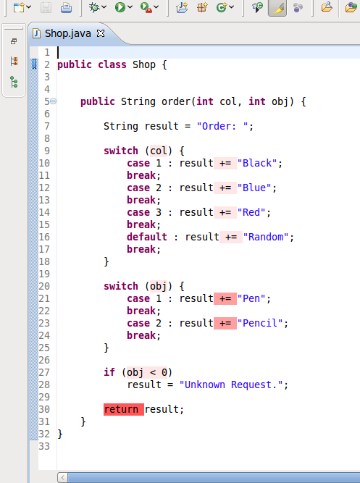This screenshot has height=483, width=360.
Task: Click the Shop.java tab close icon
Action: (x=101, y=33)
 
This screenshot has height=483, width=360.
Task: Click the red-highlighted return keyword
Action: (x=121, y=409)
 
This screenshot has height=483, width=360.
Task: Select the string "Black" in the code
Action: (x=257, y=163)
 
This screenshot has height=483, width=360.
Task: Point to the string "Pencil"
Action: (x=260, y=323)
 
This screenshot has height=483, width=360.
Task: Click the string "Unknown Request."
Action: (x=231, y=385)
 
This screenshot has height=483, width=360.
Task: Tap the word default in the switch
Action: (x=147, y=237)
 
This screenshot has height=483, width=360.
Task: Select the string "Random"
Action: (x=266, y=237)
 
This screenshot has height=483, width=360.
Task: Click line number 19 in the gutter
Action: (x=44, y=274)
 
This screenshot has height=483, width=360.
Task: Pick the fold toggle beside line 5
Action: (x=54, y=101)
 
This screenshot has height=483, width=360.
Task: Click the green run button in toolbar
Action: (x=120, y=7)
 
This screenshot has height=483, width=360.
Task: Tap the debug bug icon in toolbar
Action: (x=94, y=7)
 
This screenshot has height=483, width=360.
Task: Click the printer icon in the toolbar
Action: (x=66, y=7)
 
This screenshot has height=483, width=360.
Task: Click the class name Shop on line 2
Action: (x=144, y=65)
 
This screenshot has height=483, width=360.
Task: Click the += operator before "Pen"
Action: (x=225, y=298)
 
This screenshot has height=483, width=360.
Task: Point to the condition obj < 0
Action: (x=147, y=372)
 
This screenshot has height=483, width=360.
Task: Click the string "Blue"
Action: (x=254, y=188)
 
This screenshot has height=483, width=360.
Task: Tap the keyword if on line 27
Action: (x=109, y=372)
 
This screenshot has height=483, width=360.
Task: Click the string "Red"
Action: (x=251, y=212)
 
